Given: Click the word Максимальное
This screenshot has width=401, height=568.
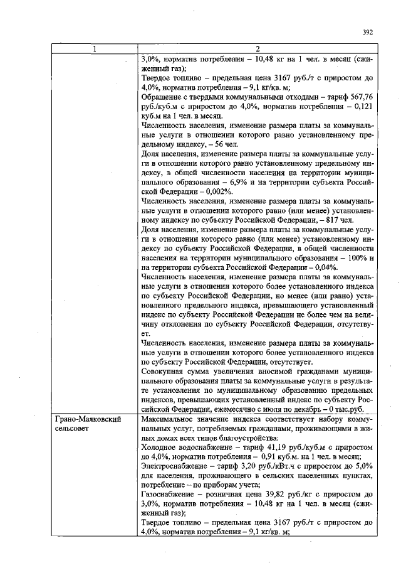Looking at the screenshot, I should click(170, 417).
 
